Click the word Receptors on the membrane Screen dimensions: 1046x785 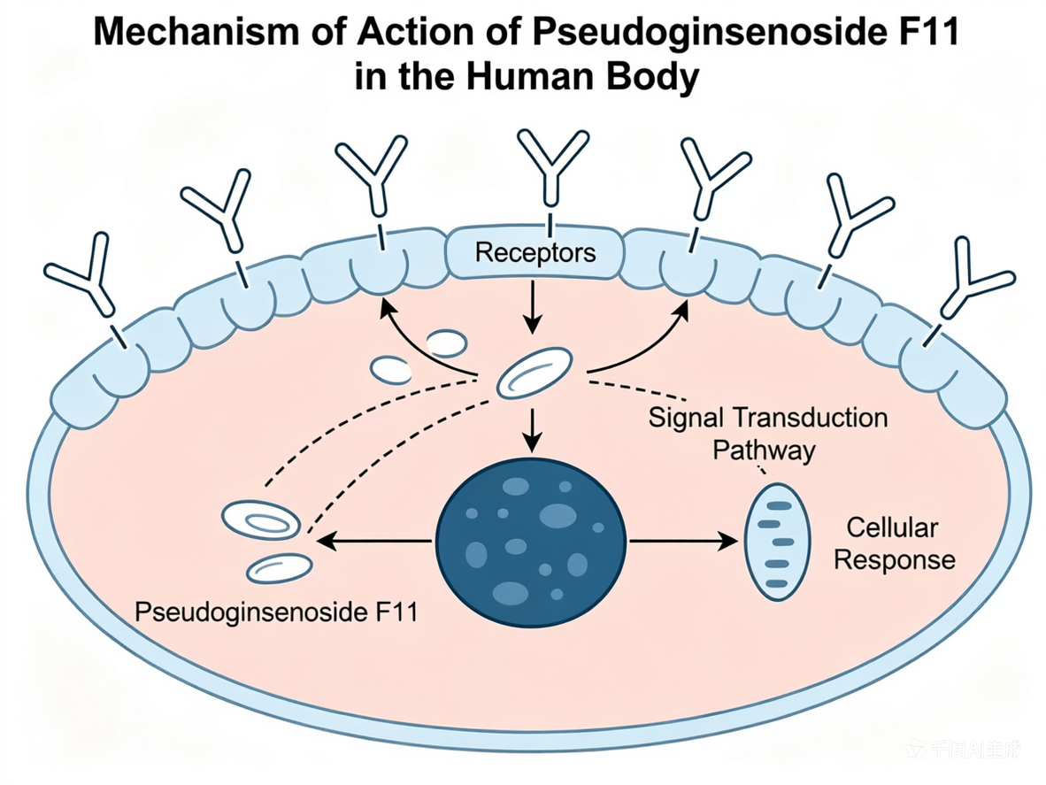(x=535, y=253)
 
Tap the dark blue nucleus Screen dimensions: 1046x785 (x=531, y=542)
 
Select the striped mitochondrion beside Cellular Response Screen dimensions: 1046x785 (x=777, y=542)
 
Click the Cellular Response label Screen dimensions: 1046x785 (x=894, y=543)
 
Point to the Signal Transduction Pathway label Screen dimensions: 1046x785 (x=768, y=434)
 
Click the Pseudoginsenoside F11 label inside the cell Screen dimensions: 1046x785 (x=276, y=612)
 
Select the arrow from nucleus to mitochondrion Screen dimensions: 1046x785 (x=684, y=541)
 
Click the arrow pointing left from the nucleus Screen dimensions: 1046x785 (x=373, y=541)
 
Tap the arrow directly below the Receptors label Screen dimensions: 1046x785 (x=532, y=307)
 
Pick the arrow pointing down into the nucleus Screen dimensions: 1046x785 (x=532, y=430)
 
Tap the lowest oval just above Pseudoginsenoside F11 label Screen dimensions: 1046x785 (x=280, y=569)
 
